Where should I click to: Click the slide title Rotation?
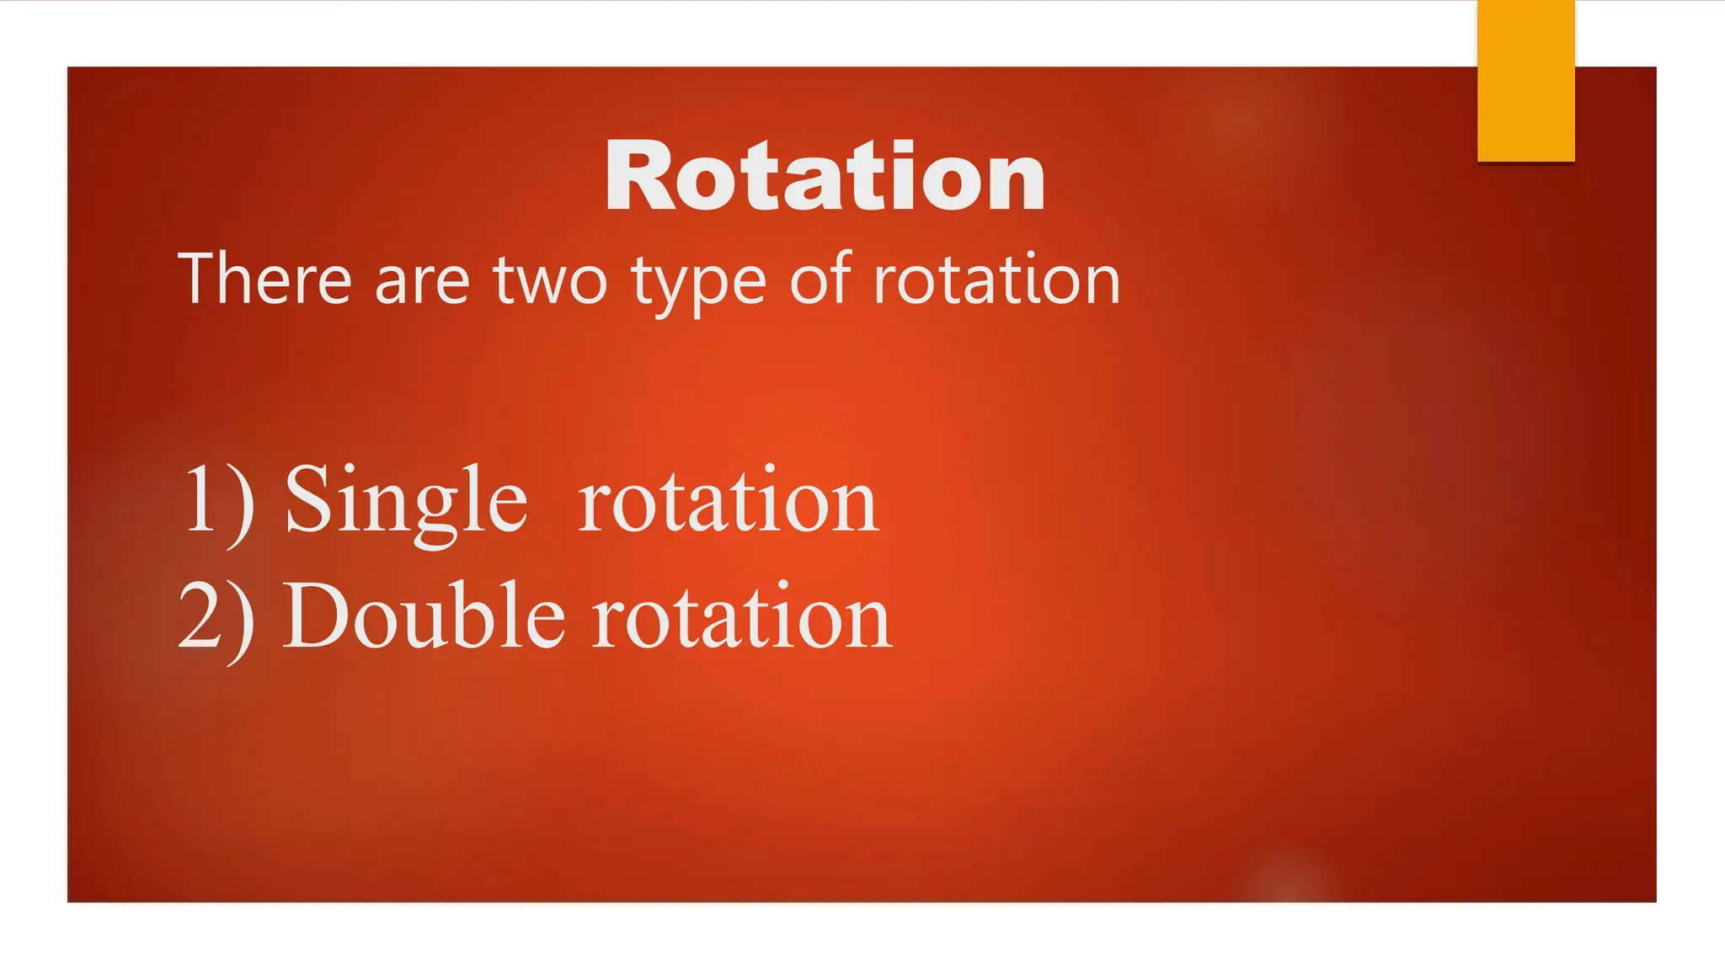tap(825, 177)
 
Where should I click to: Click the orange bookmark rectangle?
tap(1525, 80)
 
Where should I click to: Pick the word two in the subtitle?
tap(550, 281)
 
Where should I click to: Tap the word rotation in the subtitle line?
tap(996, 280)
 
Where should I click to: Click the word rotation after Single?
tap(729, 503)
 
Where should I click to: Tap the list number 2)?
tap(216, 619)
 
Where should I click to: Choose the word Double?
tap(423, 617)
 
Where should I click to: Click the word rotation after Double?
tap(741, 619)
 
